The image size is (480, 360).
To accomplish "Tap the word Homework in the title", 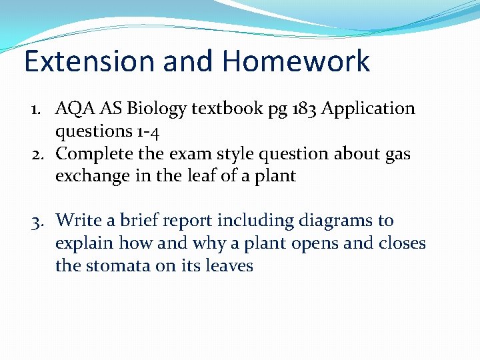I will [x=296, y=61].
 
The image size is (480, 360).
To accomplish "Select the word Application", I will [x=368, y=109].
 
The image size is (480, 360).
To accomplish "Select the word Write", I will [x=77, y=220].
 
